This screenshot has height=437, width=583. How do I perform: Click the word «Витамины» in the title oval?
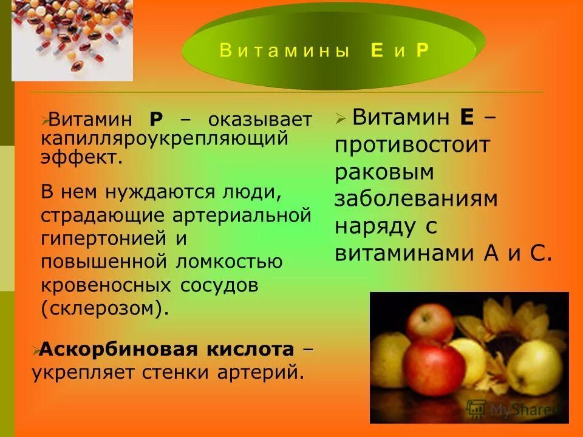click(284, 51)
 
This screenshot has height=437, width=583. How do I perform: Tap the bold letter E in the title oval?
click(377, 51)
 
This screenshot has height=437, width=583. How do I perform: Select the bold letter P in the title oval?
click(422, 51)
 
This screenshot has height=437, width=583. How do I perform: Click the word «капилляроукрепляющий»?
click(163, 138)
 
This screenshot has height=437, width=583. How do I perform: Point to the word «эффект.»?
click(81, 158)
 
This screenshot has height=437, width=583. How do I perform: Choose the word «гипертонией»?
click(104, 239)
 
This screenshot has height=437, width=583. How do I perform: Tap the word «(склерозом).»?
click(104, 308)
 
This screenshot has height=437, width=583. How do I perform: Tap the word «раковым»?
click(384, 172)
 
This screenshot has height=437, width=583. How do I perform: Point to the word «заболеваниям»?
click(416, 198)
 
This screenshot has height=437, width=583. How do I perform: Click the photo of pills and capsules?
click(72, 39)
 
